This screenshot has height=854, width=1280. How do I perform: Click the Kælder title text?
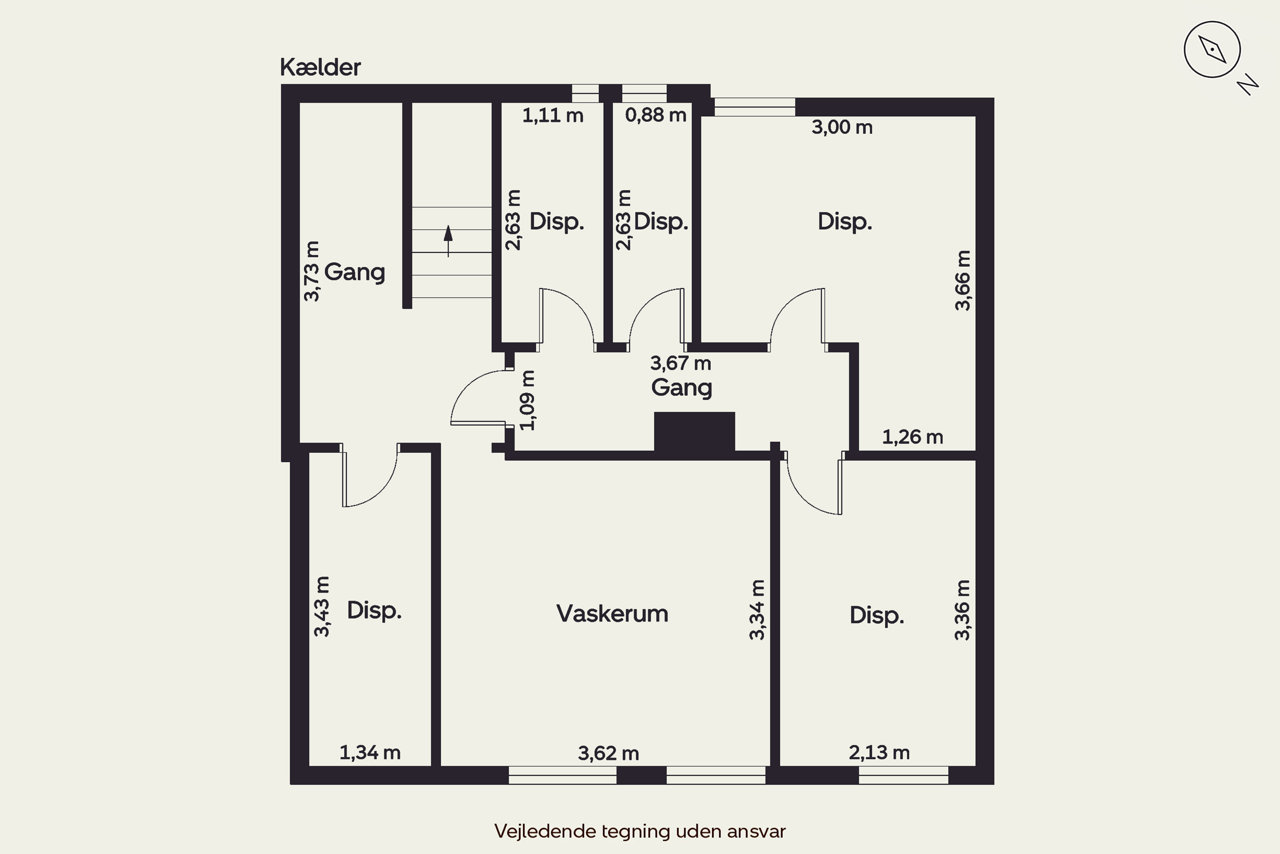point(320,67)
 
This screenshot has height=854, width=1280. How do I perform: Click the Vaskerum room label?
point(612,614)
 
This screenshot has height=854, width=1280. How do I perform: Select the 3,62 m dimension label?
point(608,753)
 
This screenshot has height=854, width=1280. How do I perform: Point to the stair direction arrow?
point(448,241)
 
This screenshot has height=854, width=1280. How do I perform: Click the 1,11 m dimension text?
point(553,115)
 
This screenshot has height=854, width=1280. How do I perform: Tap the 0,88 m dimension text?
point(656,115)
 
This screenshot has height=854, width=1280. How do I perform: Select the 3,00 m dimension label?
point(842,127)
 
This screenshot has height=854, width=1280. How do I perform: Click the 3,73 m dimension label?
point(311,271)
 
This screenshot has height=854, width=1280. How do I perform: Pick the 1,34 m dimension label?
point(370,753)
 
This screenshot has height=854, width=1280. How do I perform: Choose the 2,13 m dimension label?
point(879,753)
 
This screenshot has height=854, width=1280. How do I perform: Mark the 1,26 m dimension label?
point(913,437)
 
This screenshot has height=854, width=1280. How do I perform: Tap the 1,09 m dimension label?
point(527,401)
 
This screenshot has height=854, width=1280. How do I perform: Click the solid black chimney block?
point(695,431)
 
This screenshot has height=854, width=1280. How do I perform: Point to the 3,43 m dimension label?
point(322,607)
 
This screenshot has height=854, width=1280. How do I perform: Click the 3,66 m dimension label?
point(963,281)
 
